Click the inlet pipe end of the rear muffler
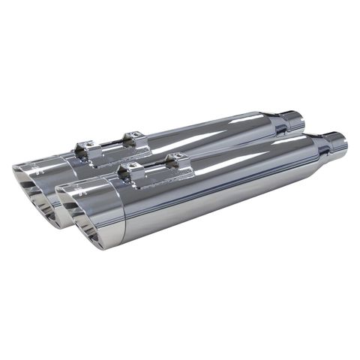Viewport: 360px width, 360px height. (x=294, y=119)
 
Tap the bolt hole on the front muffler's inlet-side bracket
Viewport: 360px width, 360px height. (x=178, y=156)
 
